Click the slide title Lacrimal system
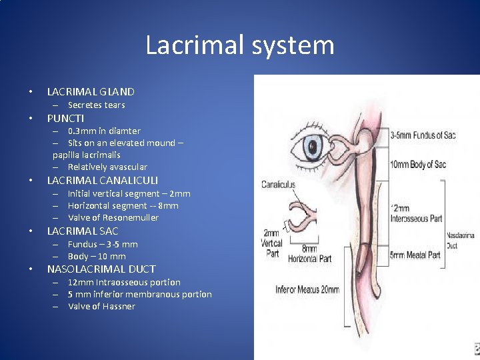click(x=240, y=46)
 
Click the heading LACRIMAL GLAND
click(x=91, y=92)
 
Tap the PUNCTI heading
click(x=65, y=118)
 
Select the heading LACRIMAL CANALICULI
click(x=102, y=181)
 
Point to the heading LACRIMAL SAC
click(x=83, y=231)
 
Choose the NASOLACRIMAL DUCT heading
click(x=101, y=269)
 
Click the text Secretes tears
click(x=96, y=105)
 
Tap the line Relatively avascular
click(x=107, y=167)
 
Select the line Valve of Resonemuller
click(x=113, y=218)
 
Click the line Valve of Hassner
click(x=101, y=307)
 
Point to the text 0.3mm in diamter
click(x=104, y=131)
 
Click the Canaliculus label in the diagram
click(x=278, y=185)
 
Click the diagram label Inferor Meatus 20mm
click(x=307, y=290)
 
